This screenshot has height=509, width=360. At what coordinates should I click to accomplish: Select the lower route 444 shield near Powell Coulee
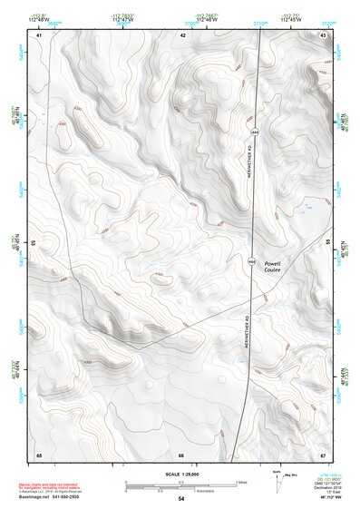pos(250,260)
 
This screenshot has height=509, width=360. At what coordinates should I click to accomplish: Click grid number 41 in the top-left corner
pos(39,34)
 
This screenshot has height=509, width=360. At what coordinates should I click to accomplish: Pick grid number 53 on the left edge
pos(34,243)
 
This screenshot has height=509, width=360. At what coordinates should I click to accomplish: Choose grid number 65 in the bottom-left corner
pos(39,454)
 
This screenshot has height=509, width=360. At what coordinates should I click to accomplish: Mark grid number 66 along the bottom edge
pos(181,454)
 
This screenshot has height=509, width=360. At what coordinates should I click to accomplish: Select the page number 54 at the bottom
pos(181,499)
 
